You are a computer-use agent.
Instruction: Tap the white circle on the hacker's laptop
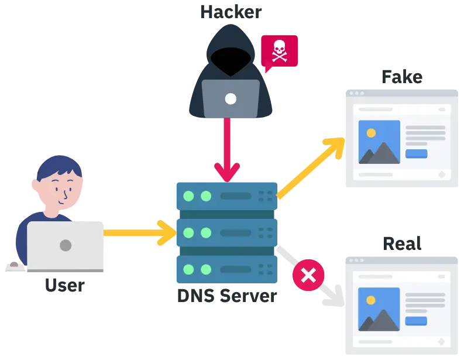231,98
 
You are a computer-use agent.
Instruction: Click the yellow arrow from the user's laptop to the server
140,233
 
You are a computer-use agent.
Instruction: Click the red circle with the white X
308,275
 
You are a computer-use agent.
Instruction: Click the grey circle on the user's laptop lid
66,245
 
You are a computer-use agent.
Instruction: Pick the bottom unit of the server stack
226,270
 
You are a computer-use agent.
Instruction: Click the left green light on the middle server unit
188,233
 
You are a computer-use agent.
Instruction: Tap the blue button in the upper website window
416,154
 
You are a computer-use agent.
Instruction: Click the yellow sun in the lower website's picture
370,300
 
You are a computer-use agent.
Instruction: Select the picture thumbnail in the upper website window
379,142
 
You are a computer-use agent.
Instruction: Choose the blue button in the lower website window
416,321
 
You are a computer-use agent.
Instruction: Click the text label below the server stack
226,296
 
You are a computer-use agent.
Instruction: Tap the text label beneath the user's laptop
64,287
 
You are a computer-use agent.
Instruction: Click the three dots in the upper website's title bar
356,94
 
